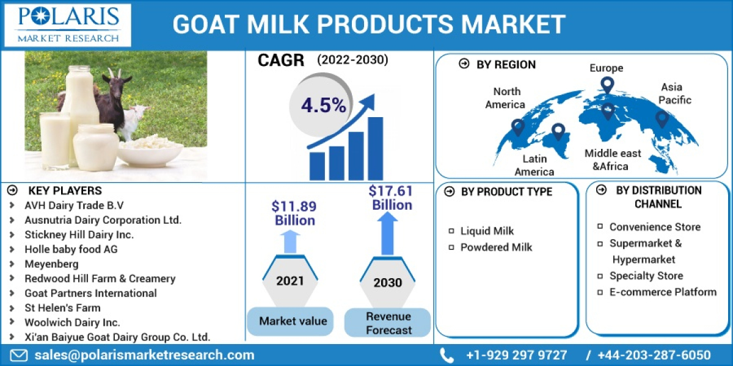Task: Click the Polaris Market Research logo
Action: [68, 24]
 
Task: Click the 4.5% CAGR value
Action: [323, 105]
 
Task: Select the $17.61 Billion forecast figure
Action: [391, 198]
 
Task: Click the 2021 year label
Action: [290, 281]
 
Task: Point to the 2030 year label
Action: [387, 282]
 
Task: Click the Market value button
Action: [293, 321]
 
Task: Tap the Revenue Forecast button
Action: [388, 323]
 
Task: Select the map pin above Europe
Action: [607, 85]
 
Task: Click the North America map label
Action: [506, 98]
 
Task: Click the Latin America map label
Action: [534, 165]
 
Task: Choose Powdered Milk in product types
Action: [496, 247]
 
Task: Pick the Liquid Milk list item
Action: [487, 231]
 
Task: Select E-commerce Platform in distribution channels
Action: [663, 292]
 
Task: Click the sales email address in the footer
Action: [144, 355]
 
